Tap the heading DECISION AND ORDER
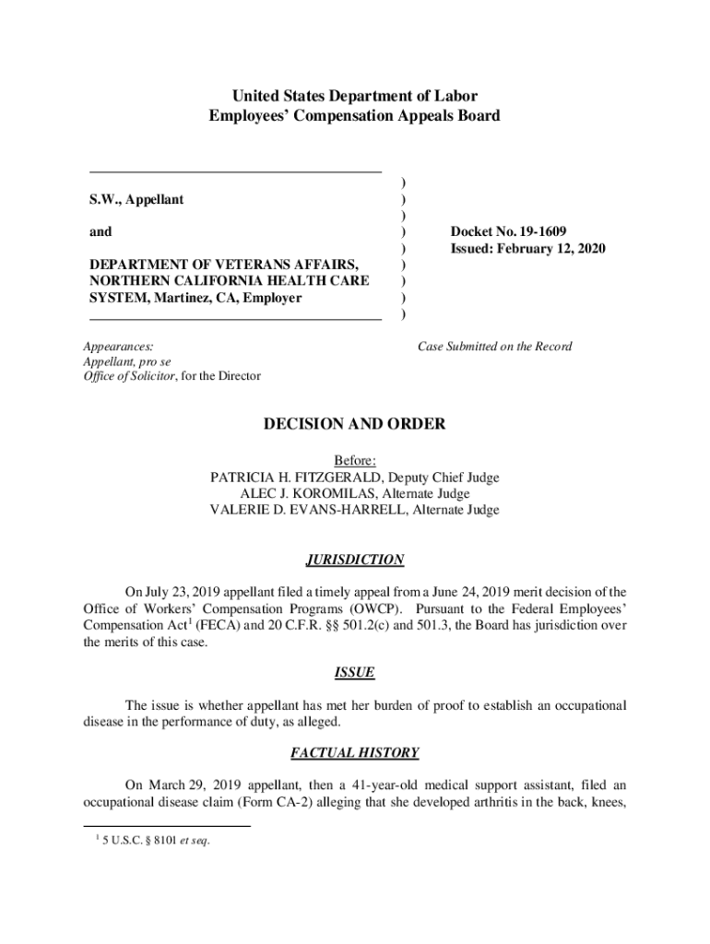pyautogui.click(x=354, y=425)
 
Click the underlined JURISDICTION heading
pyautogui.click(x=354, y=560)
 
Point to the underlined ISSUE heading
pyautogui.click(x=354, y=673)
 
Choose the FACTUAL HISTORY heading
pyautogui.click(x=354, y=753)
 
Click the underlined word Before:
pyautogui.click(x=354, y=461)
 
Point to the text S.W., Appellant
pyautogui.click(x=136, y=199)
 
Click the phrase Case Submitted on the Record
pyautogui.click(x=494, y=347)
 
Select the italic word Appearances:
pyautogui.click(x=118, y=347)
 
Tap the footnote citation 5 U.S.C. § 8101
pyautogui.click(x=160, y=839)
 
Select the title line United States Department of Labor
pyautogui.click(x=354, y=96)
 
